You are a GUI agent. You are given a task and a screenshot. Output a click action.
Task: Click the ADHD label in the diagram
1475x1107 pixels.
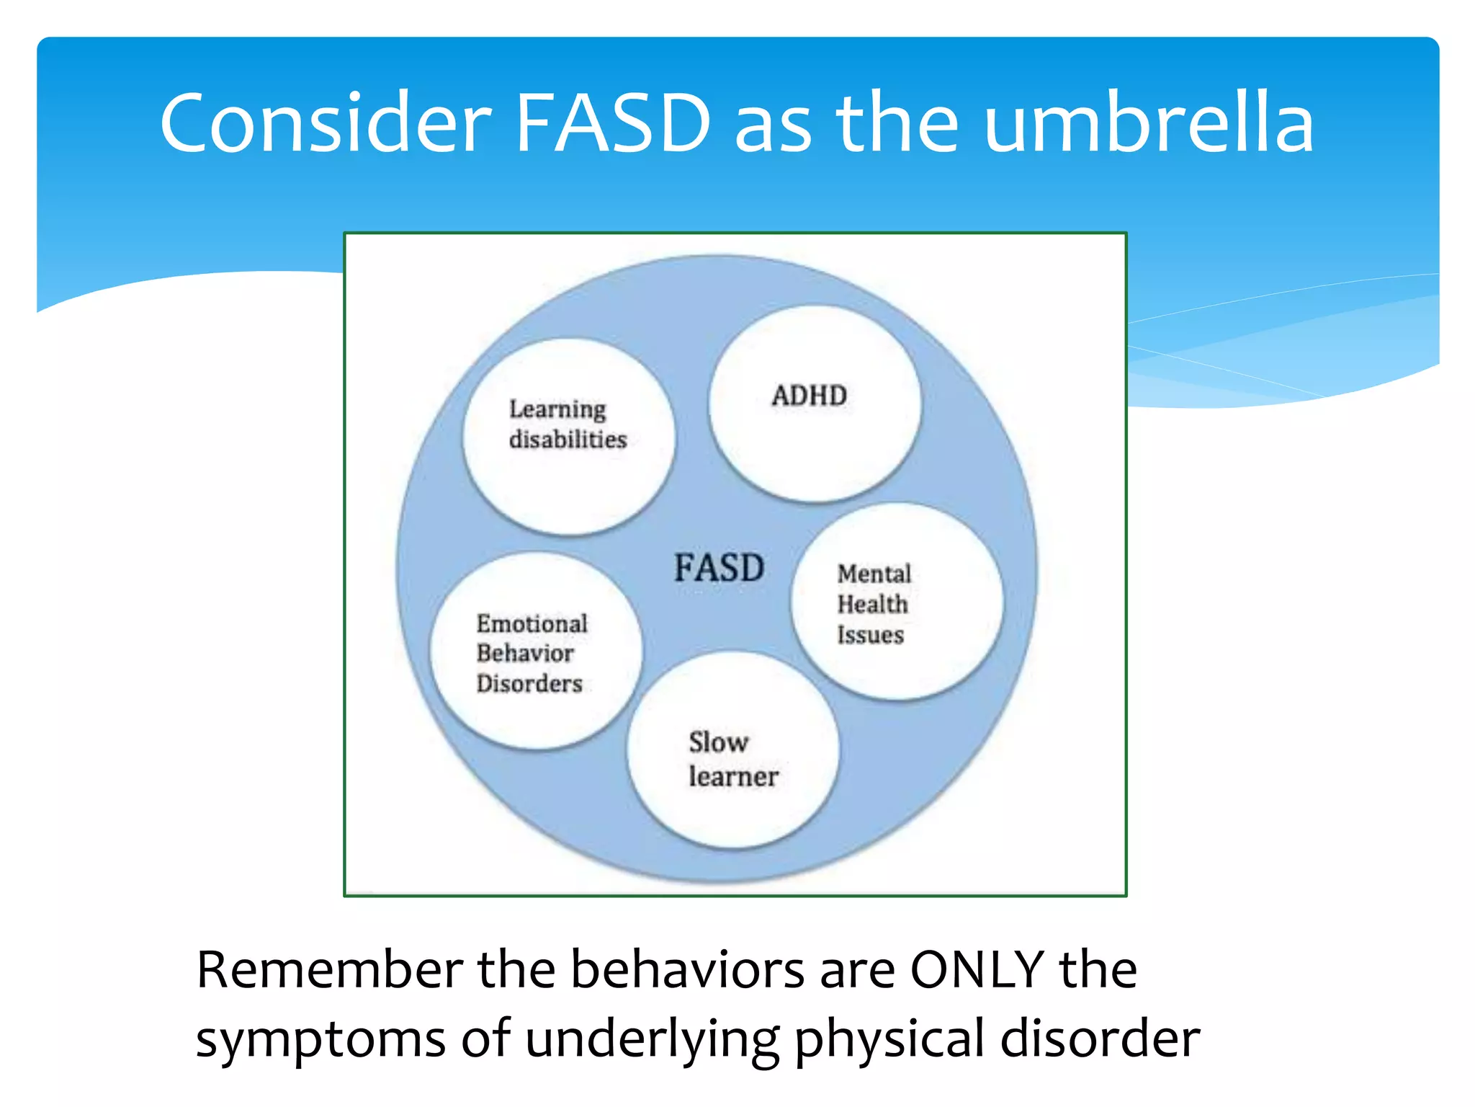[x=809, y=396]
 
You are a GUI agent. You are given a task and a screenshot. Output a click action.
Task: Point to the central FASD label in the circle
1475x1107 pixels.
[x=719, y=568]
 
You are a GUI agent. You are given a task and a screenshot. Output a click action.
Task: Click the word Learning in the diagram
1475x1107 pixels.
[x=557, y=409]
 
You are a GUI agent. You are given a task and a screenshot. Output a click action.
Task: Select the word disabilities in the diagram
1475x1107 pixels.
[x=568, y=439]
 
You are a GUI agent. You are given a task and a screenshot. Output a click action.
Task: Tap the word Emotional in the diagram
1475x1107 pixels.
[x=532, y=623]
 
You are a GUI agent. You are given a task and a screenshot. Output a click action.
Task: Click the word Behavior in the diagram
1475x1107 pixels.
[x=525, y=653]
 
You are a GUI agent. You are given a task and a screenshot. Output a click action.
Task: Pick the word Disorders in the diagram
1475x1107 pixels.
[x=529, y=683]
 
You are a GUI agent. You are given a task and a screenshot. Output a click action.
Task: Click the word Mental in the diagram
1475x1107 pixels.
[x=874, y=574]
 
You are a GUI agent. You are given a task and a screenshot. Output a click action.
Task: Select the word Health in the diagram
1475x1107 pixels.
[x=872, y=604]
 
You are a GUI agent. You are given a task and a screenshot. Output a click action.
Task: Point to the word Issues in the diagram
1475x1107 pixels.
[x=870, y=635]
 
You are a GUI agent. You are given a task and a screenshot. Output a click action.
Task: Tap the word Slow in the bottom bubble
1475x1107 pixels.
[x=718, y=742]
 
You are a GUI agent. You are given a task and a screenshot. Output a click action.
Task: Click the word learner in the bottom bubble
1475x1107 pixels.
[x=733, y=776]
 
